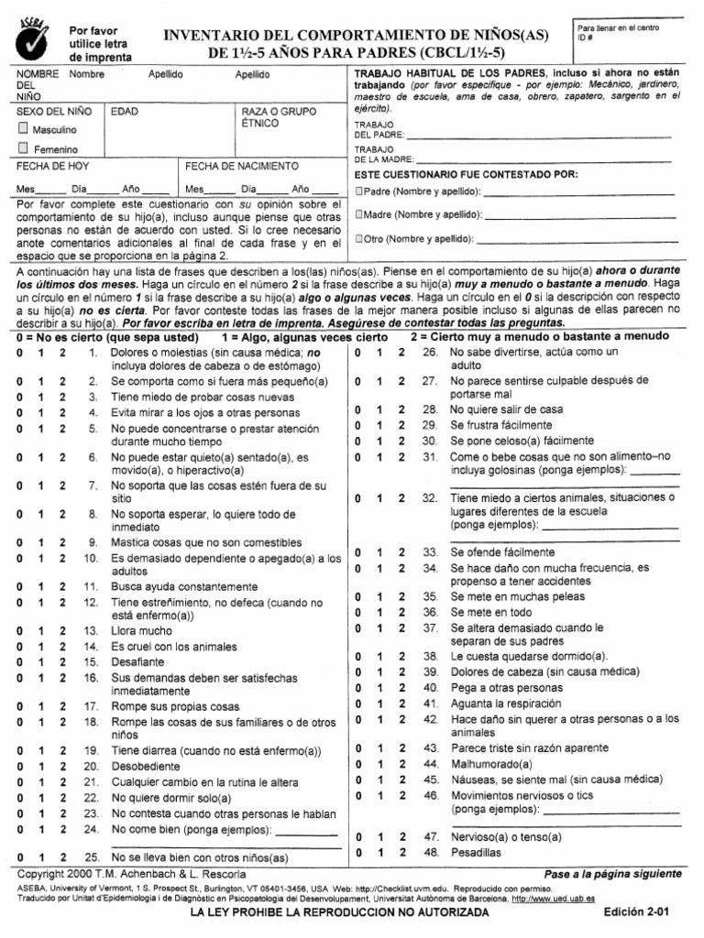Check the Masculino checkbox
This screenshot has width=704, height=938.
pos(24,129)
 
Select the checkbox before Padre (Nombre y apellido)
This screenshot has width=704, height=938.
pos(358,191)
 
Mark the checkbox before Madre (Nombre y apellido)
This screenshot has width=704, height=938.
pos(358,214)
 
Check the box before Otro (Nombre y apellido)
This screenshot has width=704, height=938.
pos(358,239)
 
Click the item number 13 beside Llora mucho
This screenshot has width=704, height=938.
pos(91,631)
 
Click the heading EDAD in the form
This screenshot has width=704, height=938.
pos(125,112)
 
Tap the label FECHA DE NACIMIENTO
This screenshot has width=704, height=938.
pos(242,167)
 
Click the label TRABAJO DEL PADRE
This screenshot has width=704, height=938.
pos(374,129)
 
